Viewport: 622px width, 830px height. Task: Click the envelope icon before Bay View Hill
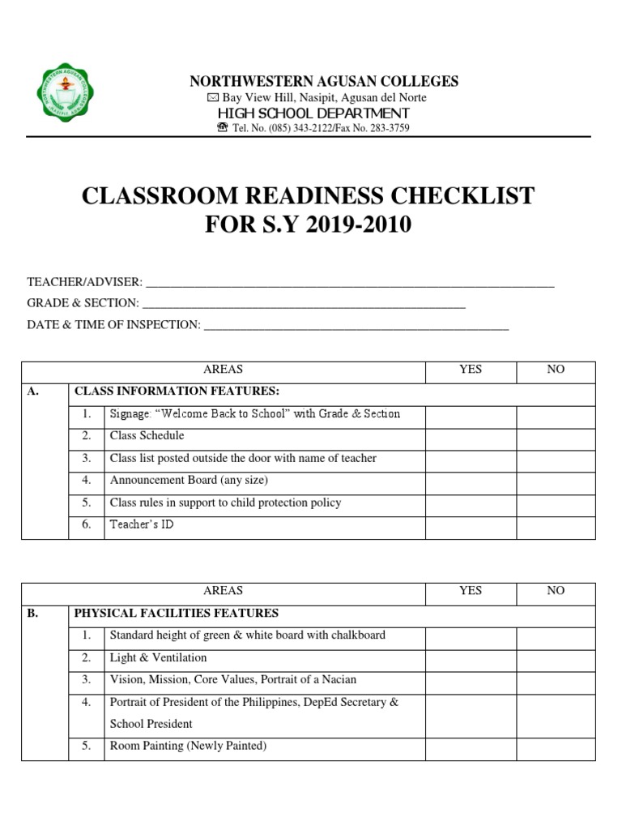(x=213, y=97)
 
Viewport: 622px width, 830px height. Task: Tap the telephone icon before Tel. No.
(x=223, y=128)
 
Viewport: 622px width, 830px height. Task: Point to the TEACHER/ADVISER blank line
(x=349, y=284)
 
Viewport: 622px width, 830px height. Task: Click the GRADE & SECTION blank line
(x=303, y=305)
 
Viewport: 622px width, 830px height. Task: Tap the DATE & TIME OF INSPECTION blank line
(x=356, y=326)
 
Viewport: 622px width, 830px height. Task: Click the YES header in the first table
(x=471, y=370)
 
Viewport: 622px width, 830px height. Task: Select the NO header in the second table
(x=556, y=591)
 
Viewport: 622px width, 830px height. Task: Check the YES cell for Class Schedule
(x=471, y=436)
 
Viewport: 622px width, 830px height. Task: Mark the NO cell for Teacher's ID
(x=556, y=525)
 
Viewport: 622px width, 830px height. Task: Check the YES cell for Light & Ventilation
(x=471, y=658)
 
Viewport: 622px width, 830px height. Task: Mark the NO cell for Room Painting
(x=556, y=747)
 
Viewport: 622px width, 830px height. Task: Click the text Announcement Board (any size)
(x=189, y=481)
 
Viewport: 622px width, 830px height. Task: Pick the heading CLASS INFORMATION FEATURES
(x=177, y=391)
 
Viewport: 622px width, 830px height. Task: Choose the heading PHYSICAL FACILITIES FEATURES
(x=177, y=614)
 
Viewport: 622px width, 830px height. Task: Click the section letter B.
(x=32, y=614)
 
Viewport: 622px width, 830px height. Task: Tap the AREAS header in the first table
(x=224, y=370)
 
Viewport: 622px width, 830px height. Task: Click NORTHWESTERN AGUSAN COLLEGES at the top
(x=324, y=81)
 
